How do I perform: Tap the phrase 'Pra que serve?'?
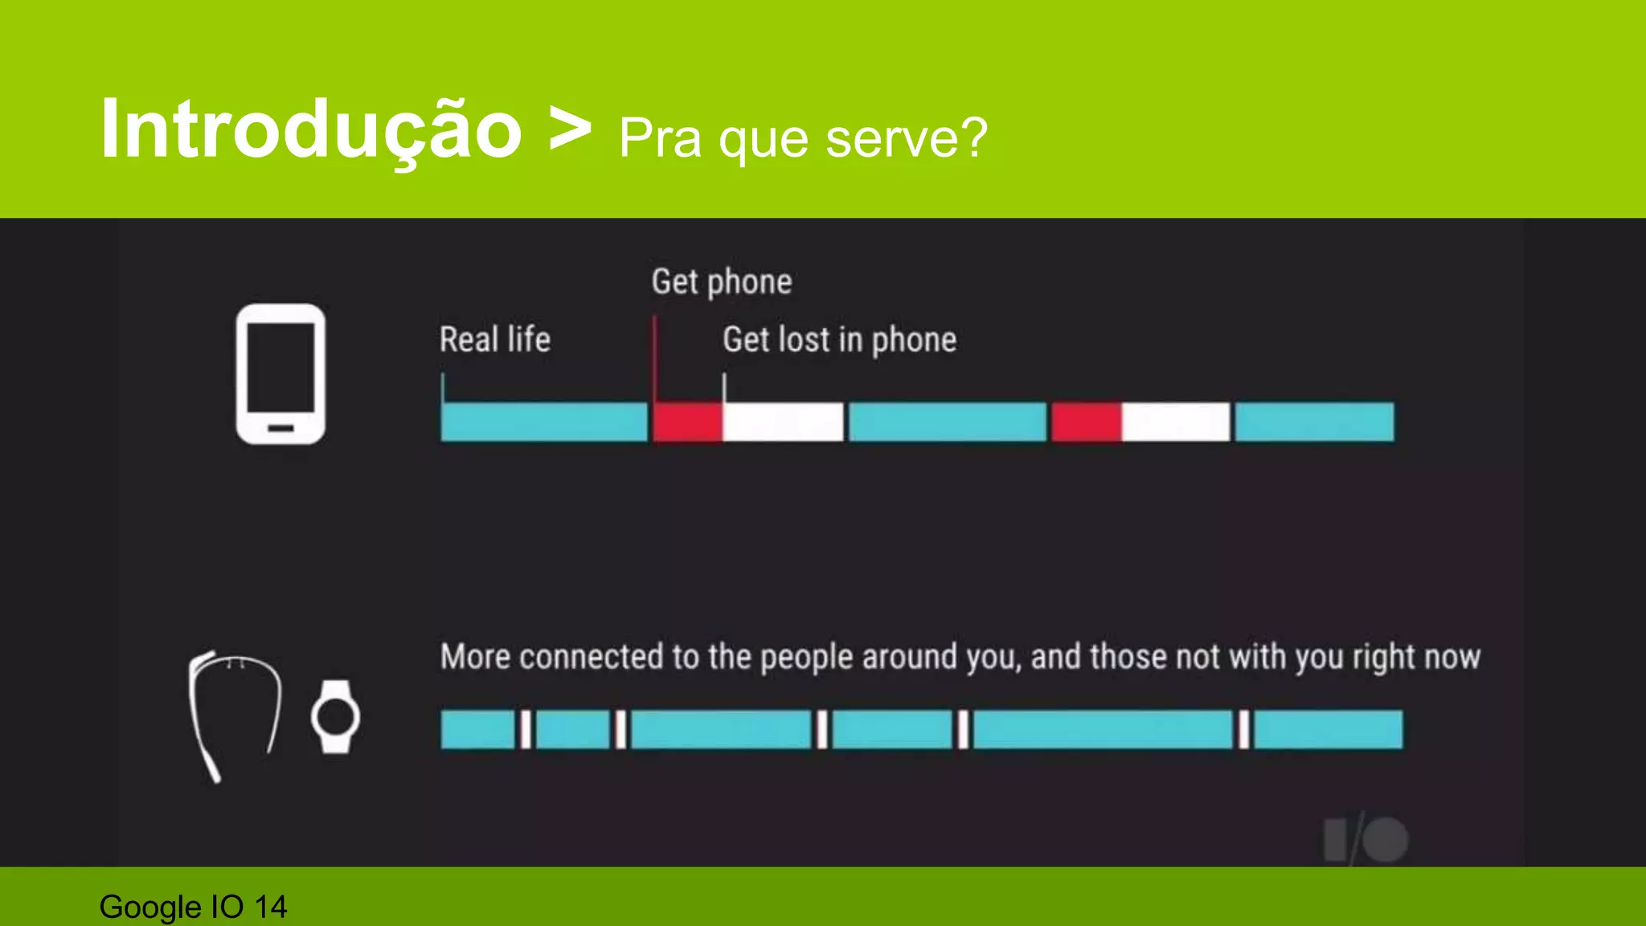(803, 139)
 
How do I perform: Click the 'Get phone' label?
(722, 282)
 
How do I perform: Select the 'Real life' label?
(495, 339)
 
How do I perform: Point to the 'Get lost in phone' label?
(839, 340)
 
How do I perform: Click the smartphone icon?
(280, 374)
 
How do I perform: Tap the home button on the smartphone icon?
(280, 428)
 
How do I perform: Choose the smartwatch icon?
(335, 716)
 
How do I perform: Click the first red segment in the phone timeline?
(687, 422)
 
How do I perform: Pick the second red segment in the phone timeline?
(1086, 422)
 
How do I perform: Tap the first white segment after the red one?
(783, 422)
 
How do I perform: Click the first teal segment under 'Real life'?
(544, 422)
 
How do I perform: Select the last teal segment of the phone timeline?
(1314, 422)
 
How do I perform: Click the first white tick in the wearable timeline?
(525, 730)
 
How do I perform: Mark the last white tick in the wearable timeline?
(1243, 730)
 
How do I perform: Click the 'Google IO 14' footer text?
(193, 907)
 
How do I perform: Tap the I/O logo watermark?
(1366, 841)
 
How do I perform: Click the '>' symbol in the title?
(570, 129)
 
